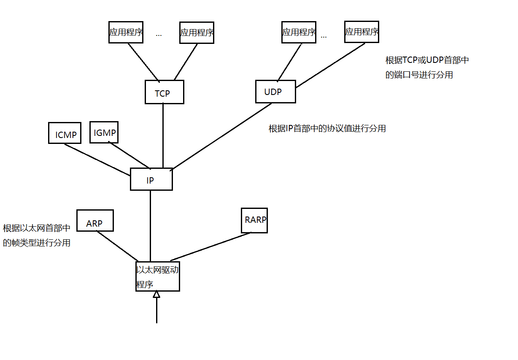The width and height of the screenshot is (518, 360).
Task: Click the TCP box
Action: click(164, 92)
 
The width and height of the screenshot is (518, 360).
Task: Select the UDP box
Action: click(275, 92)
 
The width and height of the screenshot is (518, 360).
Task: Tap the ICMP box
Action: click(65, 133)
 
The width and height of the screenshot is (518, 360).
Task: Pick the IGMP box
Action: click(104, 132)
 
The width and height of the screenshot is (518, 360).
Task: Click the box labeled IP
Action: click(151, 179)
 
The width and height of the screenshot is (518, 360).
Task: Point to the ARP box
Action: click(95, 220)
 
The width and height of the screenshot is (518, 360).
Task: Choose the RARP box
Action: click(254, 220)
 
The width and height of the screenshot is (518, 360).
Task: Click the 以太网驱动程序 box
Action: click(157, 276)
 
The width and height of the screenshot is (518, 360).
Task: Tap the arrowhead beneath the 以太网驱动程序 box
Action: click(156, 294)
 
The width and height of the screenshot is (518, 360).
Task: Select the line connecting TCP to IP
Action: click(163, 135)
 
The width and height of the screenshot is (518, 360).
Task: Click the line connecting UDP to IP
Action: click(221, 136)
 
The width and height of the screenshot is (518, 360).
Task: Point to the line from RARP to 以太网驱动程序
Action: click(211, 246)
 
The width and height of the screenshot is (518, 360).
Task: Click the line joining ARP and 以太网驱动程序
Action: click(117, 246)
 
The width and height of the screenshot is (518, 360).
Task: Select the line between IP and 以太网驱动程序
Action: click(151, 226)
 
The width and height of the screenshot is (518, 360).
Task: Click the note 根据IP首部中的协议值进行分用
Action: click(327, 129)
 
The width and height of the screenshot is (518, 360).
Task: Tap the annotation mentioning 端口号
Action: click(426, 68)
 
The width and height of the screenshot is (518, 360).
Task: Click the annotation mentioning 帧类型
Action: click(37, 235)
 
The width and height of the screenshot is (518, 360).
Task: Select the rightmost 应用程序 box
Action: click(362, 32)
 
